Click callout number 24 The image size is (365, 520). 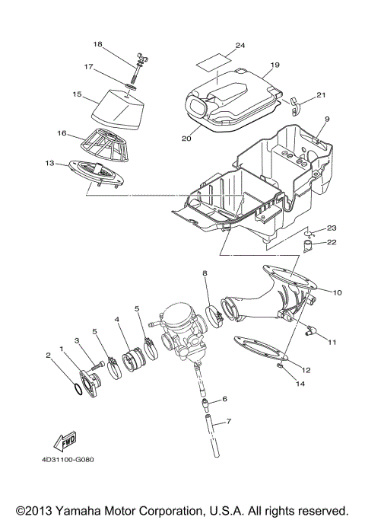click(x=240, y=46)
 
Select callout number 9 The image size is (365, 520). click(x=326, y=120)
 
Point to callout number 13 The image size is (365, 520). click(x=49, y=162)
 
